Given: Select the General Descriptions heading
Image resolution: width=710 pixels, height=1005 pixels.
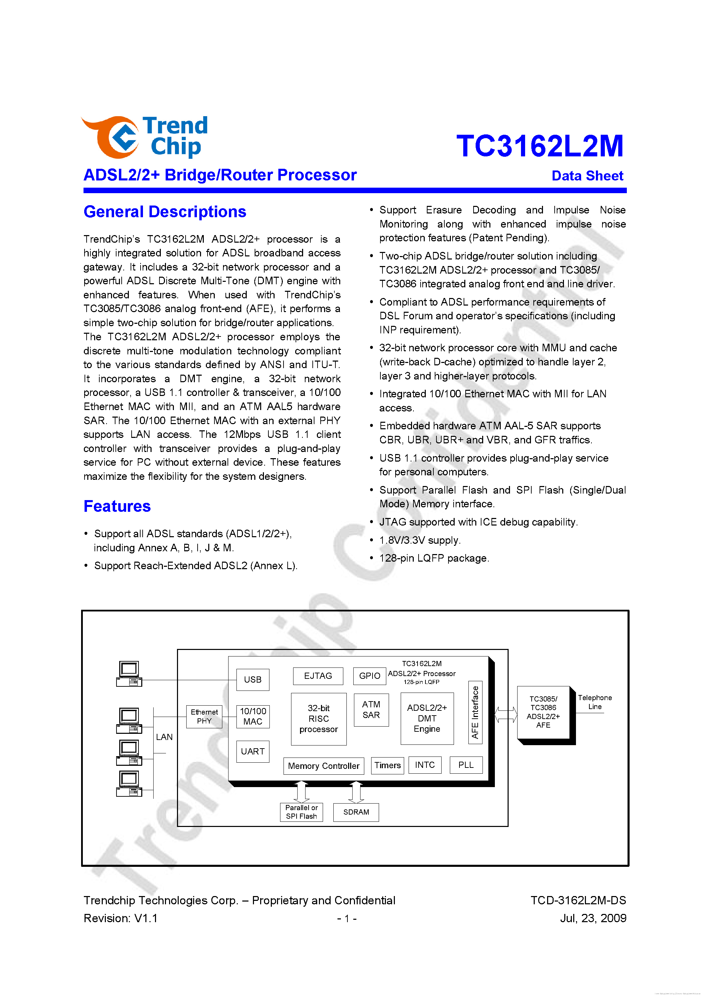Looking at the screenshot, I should [x=165, y=212].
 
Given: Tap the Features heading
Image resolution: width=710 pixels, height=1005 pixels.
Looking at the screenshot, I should [x=117, y=506].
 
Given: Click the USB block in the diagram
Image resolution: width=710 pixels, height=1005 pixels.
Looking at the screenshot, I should [x=253, y=680].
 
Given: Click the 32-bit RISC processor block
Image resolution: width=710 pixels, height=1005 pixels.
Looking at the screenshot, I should [x=319, y=719].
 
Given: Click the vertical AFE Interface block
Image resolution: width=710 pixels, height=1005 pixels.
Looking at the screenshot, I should [x=475, y=712].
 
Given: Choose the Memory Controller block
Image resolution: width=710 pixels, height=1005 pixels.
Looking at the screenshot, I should [x=323, y=766].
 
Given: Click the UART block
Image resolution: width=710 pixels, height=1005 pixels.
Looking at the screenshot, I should [x=253, y=752].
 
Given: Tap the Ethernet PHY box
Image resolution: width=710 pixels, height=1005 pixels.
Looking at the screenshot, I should [x=204, y=717].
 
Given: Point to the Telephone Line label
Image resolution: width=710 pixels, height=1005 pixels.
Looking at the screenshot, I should [x=595, y=702].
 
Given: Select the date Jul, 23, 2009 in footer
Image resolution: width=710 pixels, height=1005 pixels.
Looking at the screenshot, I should [x=593, y=918].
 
